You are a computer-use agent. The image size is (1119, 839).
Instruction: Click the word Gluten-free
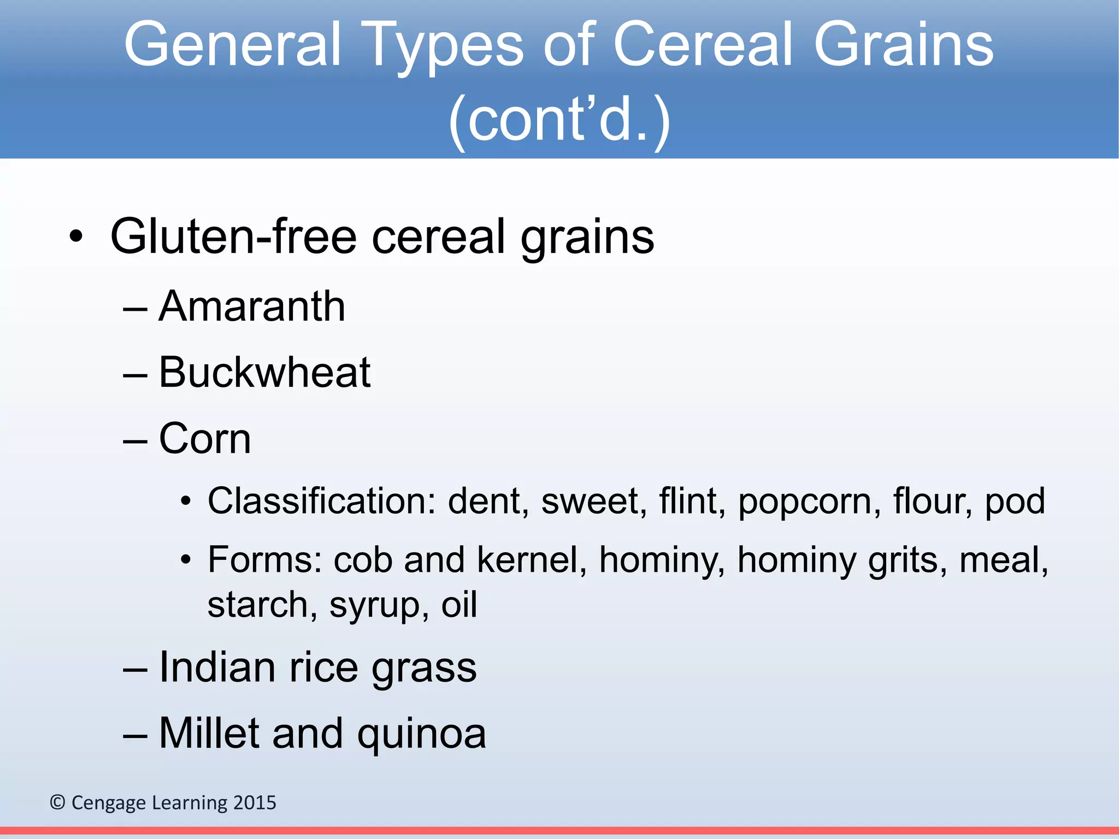(x=232, y=237)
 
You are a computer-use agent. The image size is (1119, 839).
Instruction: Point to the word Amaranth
(x=252, y=306)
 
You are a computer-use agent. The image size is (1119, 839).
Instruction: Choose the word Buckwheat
(x=264, y=373)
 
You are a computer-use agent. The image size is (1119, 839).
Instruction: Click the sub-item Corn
(x=204, y=438)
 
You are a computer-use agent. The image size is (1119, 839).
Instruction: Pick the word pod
(x=1015, y=502)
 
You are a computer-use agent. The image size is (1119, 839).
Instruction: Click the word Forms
(x=264, y=560)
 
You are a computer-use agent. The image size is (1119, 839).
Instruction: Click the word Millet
(x=208, y=733)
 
